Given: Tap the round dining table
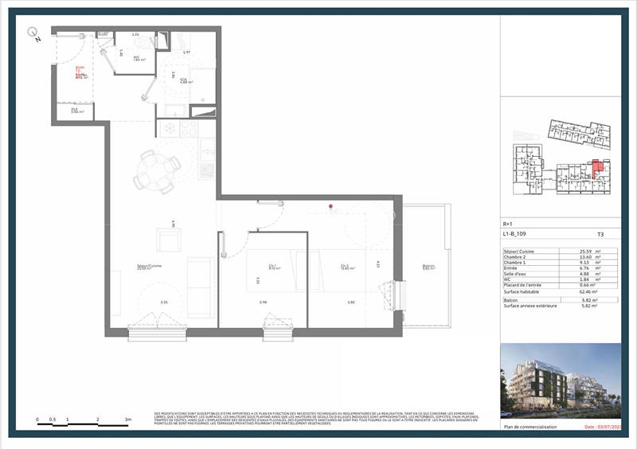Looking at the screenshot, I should [x=157, y=169].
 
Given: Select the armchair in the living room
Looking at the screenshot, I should [x=168, y=240].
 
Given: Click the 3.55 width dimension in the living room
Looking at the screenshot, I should [x=164, y=303].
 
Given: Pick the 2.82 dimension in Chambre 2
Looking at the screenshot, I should [x=351, y=303].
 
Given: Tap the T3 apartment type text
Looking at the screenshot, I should [x=600, y=236].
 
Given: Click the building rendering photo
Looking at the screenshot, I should [x=557, y=381].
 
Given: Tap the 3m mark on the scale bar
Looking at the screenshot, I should [x=127, y=418].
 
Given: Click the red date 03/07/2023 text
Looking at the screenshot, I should [x=601, y=428].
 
